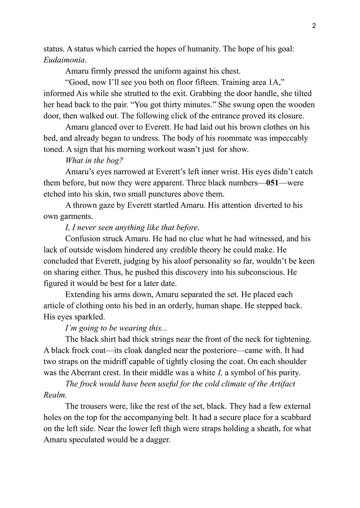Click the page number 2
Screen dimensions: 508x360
(x=314, y=26)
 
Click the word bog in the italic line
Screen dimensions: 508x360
(x=112, y=160)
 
